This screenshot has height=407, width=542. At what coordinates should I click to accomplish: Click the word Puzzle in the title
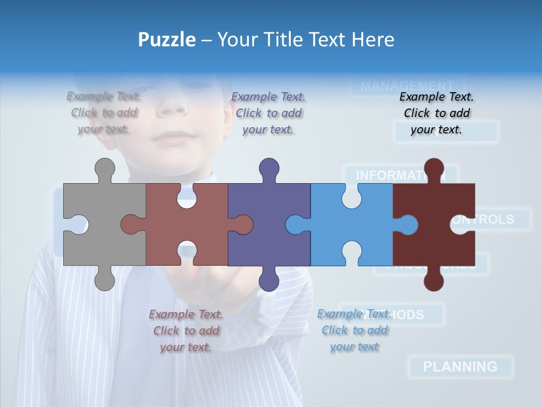click(167, 40)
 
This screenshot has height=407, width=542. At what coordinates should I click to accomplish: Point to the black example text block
click(436, 113)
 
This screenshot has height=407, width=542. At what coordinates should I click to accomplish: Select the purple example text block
click(268, 113)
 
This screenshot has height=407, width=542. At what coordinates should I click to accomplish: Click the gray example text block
click(104, 113)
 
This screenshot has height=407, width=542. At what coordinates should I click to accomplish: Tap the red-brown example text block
click(186, 331)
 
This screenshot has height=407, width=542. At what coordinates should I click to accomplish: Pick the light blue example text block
click(354, 330)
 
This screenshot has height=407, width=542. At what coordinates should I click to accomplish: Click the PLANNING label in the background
click(460, 366)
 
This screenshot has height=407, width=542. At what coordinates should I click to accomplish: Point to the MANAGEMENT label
click(406, 86)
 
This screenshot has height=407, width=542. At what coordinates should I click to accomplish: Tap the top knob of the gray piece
click(104, 168)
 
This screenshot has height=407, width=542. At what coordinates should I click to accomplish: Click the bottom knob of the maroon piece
click(434, 280)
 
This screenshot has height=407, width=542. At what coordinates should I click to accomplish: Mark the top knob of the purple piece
click(269, 168)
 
